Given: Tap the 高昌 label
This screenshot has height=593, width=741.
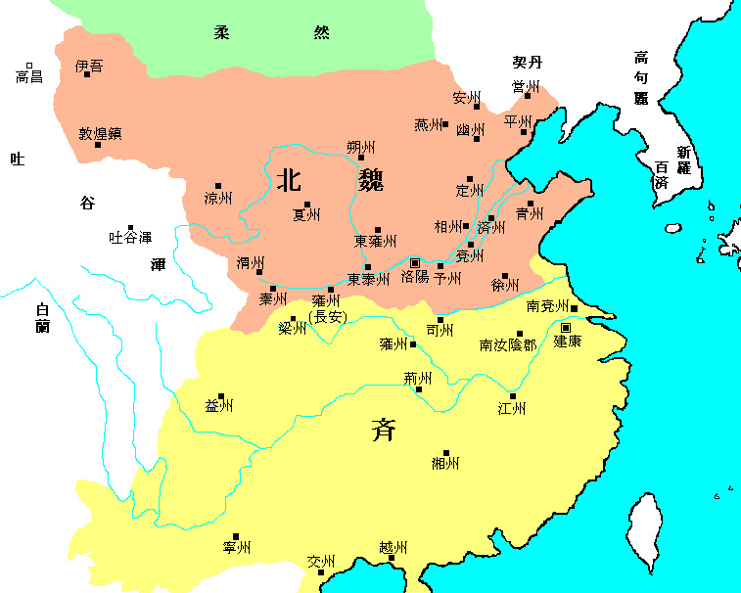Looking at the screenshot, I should tap(29, 76).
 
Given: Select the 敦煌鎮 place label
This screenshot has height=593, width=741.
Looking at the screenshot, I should tap(100, 134).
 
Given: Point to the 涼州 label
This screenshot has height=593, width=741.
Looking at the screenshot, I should tap(218, 198).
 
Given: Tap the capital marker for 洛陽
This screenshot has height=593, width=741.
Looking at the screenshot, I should tap(415, 262).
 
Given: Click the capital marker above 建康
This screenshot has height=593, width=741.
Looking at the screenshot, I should tap(566, 327).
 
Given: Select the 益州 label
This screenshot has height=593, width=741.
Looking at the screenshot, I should tap(219, 406).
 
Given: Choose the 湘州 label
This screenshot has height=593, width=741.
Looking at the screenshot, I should tap(445, 463).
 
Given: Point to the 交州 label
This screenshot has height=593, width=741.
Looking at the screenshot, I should tap(321, 562).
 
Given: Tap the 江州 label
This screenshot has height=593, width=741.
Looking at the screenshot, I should tap(512, 407).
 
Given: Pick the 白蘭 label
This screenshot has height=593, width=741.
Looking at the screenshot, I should tap(42, 317).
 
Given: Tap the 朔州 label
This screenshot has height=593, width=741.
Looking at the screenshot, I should tap(361, 147).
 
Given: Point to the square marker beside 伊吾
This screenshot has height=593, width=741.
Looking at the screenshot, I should tap(87, 74).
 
